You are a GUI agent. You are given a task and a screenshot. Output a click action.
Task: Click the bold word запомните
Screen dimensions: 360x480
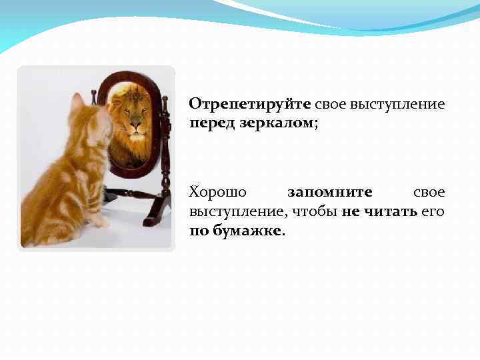[329, 192]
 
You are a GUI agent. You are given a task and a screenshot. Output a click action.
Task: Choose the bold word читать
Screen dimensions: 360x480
[388, 211]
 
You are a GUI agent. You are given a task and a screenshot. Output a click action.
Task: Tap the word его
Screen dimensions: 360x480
[434, 211]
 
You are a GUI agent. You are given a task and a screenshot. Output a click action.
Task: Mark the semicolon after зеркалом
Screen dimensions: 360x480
[316, 125]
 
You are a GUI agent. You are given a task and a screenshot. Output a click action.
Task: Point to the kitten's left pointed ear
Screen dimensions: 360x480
[77, 102]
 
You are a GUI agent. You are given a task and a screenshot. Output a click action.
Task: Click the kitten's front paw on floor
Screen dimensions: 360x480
[100, 221]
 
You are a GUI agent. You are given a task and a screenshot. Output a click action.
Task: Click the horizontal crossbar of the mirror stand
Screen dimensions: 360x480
[133, 194]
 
